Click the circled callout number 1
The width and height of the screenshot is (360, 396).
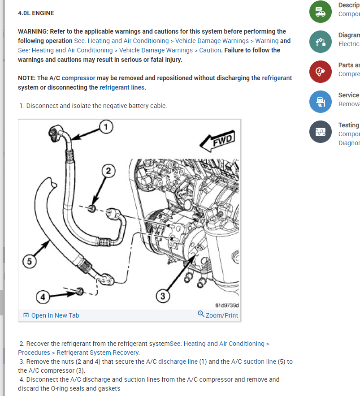[105, 127]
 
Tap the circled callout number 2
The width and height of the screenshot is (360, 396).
[108, 170]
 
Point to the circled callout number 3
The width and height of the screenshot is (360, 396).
[163, 296]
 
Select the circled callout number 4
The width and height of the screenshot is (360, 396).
[43, 297]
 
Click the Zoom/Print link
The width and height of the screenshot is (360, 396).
[218, 315]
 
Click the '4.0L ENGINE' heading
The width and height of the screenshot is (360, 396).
[36, 13]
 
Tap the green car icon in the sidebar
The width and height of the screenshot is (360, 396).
[321, 12]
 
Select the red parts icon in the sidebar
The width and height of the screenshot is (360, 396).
[321, 72]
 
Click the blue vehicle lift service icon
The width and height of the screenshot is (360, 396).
[321, 102]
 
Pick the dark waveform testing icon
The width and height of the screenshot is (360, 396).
[321, 132]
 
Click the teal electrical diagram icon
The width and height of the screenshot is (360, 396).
[321, 42]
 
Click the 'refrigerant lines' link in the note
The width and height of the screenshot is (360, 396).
[122, 87]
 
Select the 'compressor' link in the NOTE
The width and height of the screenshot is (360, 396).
[78, 78]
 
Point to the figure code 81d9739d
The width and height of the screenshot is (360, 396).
[227, 306]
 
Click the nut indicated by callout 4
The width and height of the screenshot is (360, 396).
[80, 292]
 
